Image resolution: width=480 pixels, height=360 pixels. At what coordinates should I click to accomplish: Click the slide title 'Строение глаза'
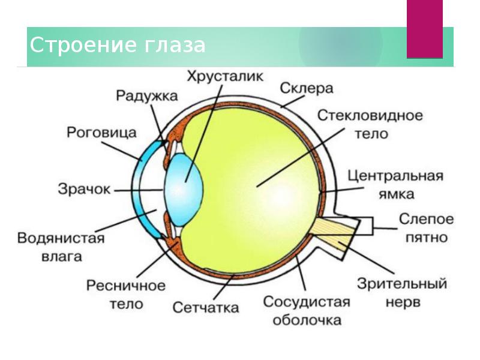[x=118, y=45]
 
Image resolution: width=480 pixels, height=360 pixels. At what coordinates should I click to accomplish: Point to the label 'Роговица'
[x=102, y=132]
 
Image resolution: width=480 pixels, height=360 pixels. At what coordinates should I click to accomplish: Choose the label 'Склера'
[x=306, y=88]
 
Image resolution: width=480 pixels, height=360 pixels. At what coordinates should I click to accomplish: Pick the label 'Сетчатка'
[x=206, y=308]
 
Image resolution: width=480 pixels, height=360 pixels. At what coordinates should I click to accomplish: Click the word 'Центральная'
[x=396, y=176]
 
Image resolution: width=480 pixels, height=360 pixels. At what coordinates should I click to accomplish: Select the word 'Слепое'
[x=427, y=219]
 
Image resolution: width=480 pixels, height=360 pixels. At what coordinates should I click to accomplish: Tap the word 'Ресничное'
[x=126, y=285]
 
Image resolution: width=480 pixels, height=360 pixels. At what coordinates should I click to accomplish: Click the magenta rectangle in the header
[x=424, y=29]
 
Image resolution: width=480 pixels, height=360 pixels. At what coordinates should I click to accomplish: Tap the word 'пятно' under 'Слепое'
[x=427, y=237]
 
